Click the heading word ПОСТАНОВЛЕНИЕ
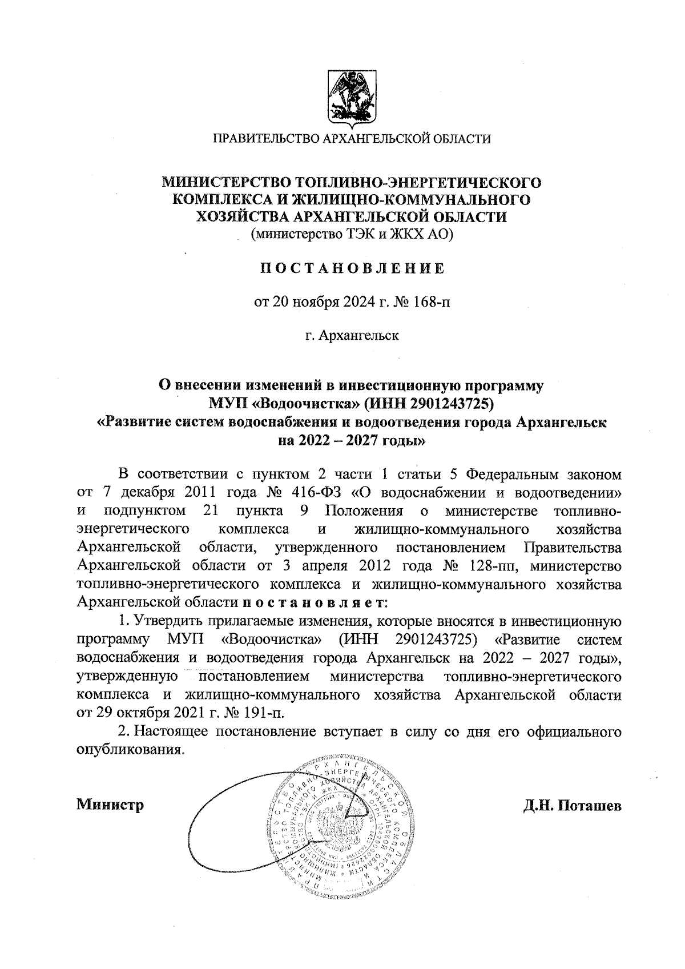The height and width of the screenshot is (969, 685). point(352,269)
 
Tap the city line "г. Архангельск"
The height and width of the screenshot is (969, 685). point(352,335)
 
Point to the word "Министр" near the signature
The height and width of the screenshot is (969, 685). point(110,805)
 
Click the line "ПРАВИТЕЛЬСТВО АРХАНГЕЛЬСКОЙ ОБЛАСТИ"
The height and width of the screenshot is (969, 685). point(352,138)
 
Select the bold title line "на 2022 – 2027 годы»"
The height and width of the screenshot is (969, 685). point(352,440)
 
